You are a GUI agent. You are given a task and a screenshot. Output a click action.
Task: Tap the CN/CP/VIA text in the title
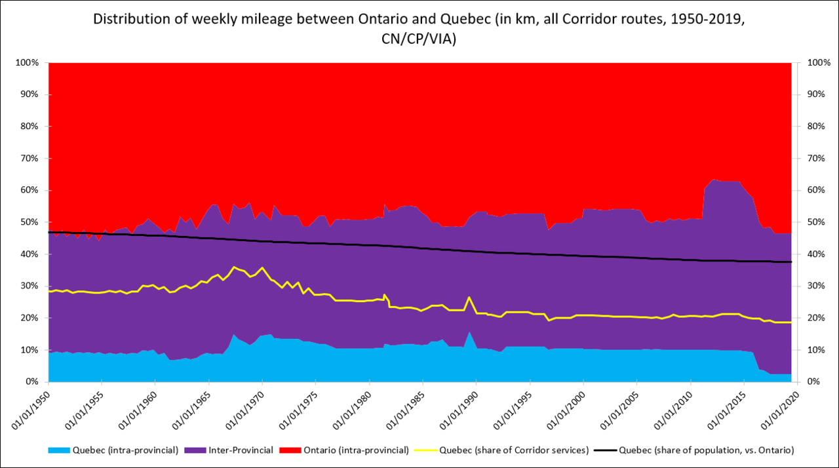coord(419,39)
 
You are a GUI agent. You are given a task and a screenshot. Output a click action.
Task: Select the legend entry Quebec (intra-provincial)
coord(113,450)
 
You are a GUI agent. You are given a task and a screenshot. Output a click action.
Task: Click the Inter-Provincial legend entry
coord(233,450)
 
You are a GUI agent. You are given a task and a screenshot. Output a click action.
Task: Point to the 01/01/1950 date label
coord(31,410)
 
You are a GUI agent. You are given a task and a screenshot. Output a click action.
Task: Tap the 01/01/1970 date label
coord(245,410)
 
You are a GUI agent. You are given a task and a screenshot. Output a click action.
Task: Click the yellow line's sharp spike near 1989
coord(469,298)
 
